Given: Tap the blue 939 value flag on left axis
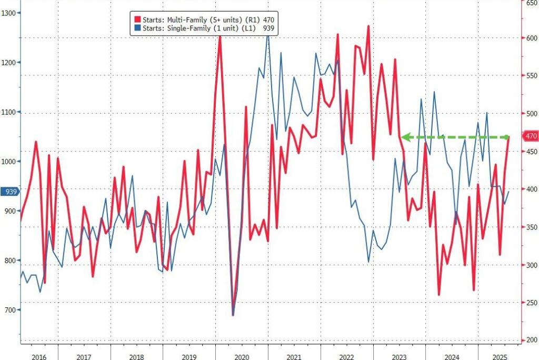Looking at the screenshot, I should [x=9, y=192].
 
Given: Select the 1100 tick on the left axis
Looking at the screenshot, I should [x=9, y=112].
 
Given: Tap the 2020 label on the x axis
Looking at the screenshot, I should [x=242, y=357].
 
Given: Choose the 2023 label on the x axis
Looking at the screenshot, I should [x=399, y=357].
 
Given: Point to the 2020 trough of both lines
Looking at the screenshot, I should [x=233, y=314].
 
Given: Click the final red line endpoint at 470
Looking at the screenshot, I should [x=509, y=137].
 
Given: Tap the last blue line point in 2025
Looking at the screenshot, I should [x=509, y=192].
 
